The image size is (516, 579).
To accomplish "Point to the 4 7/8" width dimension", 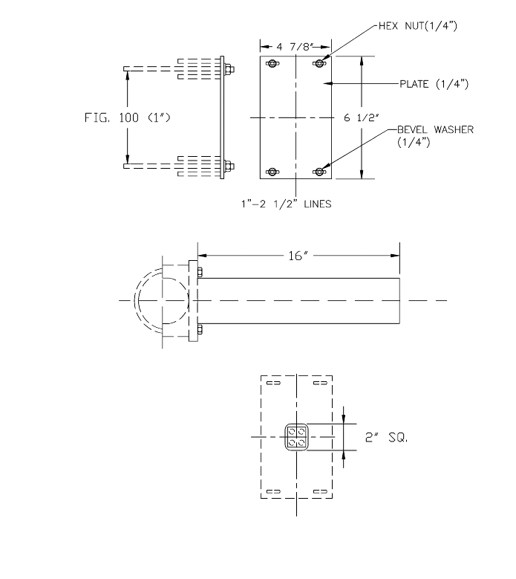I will (295, 47).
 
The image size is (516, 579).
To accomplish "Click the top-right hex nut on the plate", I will (320, 62).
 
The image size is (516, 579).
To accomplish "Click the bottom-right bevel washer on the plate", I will (320, 172).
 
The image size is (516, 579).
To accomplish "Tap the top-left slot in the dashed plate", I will (272, 384).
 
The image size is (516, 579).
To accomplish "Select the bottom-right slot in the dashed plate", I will (320, 491).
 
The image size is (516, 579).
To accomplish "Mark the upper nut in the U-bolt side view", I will (229, 71).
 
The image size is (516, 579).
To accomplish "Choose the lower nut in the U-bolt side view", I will (229, 166).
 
